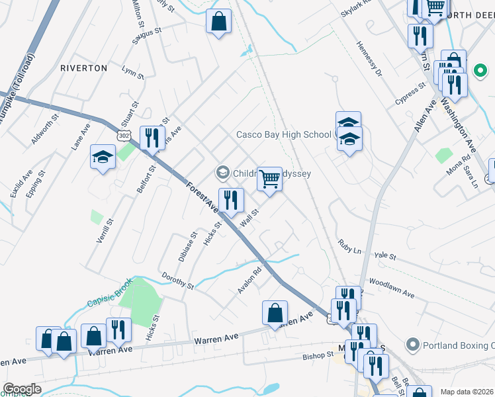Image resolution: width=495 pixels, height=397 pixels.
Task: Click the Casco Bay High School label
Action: click(283, 135)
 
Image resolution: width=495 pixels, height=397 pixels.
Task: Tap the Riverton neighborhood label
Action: click(83, 68)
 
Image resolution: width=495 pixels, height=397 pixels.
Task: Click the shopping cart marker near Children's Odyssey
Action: click(269, 178)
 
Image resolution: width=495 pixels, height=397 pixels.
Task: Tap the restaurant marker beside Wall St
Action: click(231, 200)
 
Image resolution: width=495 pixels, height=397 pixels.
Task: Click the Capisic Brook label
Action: click(110, 296)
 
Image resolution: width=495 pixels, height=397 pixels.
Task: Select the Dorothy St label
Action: click(177, 281)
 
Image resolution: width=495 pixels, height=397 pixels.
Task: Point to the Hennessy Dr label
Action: click(369, 60)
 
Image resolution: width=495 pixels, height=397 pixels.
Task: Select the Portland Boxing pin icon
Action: click(413, 345)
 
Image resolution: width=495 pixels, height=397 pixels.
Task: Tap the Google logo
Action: click(22, 389)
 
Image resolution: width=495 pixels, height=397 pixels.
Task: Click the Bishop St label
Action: click(318, 356)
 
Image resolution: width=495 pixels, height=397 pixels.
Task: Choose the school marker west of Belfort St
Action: click(103, 157)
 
